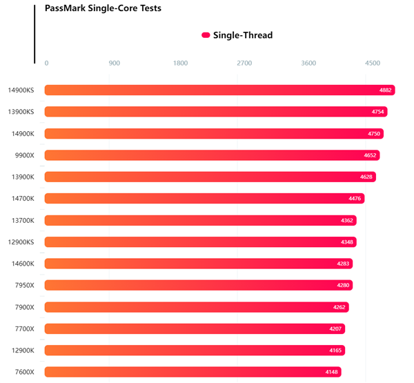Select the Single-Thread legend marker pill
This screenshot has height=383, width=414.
pos(206,35)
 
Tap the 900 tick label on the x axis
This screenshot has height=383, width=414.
pos(115,63)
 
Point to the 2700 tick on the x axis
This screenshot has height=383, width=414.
pos(244,63)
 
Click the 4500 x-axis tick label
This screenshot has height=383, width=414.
pos(373,63)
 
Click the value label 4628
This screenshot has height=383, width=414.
pos(366,177)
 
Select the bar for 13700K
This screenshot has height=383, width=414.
pos(200,220)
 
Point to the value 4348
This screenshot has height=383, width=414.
pos(347,242)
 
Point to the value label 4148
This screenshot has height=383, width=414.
pos(332,372)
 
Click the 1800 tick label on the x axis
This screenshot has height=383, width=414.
pos(180,63)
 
